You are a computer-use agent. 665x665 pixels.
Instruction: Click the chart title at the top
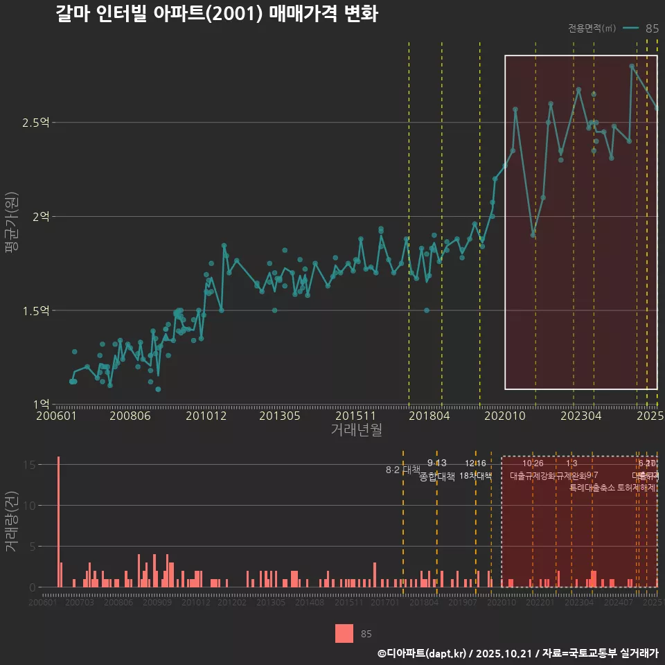click(x=216, y=14)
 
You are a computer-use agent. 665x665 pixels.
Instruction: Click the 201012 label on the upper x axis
click(x=205, y=416)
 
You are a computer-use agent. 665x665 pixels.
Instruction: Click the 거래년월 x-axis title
click(x=356, y=430)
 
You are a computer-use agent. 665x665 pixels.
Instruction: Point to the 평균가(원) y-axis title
click(x=11, y=225)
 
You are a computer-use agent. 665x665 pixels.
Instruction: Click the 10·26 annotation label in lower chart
click(x=533, y=463)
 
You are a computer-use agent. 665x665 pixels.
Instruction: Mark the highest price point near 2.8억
click(x=632, y=66)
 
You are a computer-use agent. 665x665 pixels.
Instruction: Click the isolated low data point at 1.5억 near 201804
click(x=427, y=310)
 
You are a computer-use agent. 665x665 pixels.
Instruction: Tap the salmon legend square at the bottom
click(x=344, y=633)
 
